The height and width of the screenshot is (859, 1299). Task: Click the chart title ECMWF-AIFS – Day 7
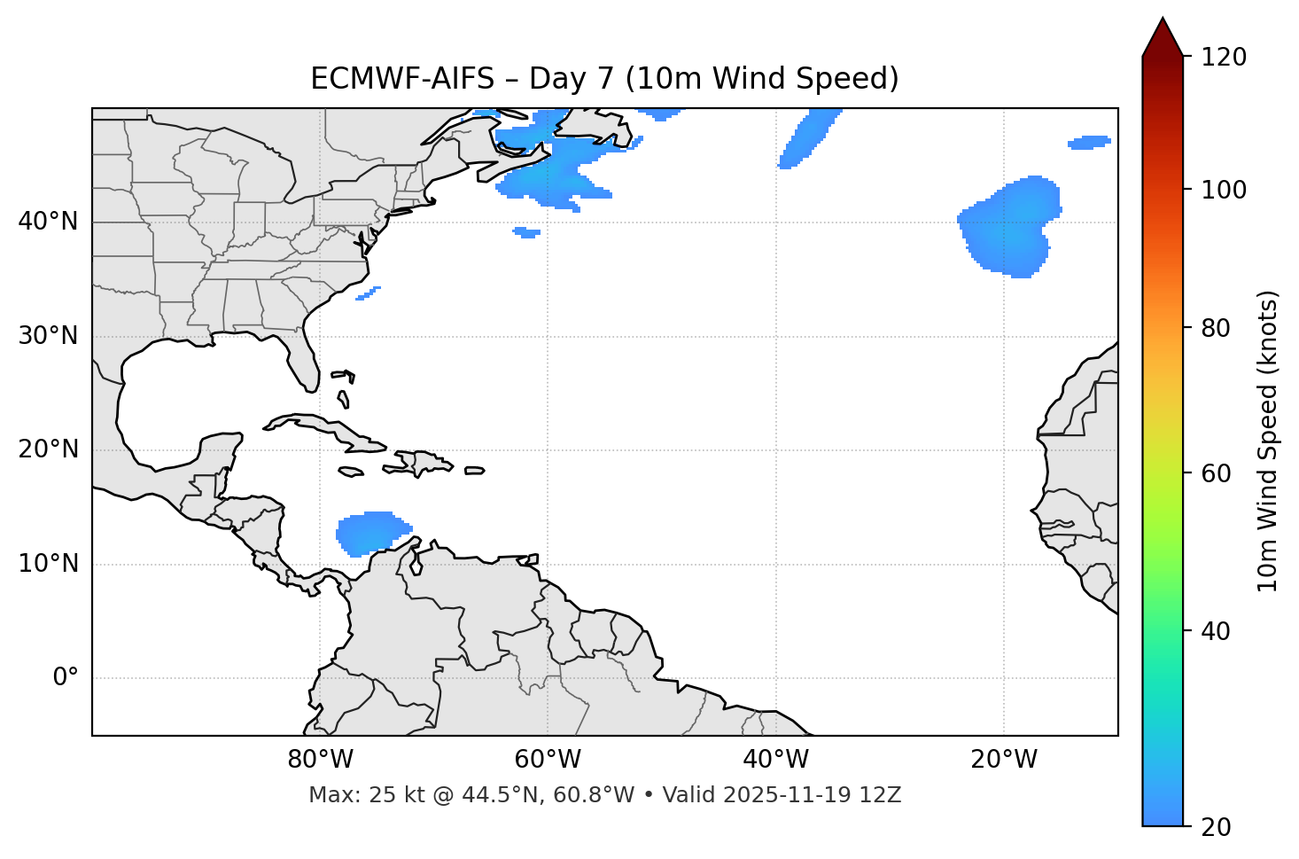(604, 79)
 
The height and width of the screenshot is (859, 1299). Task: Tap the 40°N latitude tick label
(48, 222)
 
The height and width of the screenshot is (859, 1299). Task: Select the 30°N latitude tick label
(48, 336)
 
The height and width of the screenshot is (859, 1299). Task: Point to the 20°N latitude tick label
(48, 449)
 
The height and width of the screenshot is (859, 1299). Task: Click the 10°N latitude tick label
(48, 564)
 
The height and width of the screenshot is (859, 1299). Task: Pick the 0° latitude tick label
(66, 678)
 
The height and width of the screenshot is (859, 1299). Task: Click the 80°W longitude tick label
(320, 760)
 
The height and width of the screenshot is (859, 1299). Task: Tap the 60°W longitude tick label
(548, 760)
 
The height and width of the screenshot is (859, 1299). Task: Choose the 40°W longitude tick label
(775, 760)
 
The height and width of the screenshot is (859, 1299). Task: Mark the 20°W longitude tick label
(1003, 760)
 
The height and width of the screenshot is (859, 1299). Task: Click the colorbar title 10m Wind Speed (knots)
(1268, 441)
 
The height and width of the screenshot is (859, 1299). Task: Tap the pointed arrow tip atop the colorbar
(1163, 21)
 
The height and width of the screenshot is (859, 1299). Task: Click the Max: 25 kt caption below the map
(604, 795)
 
